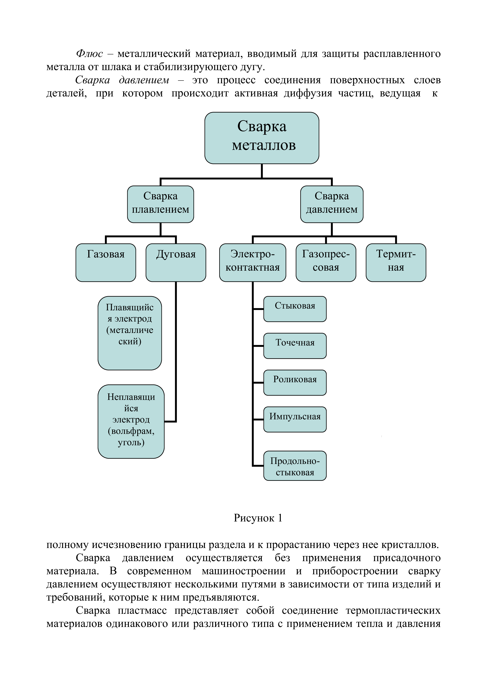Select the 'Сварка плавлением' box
(x=160, y=204)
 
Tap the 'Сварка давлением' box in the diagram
(x=332, y=204)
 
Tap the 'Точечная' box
(x=295, y=346)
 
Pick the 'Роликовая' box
(x=295, y=382)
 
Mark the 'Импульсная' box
(x=295, y=419)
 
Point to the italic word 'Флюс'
(x=89, y=54)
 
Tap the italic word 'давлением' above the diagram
(x=144, y=80)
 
